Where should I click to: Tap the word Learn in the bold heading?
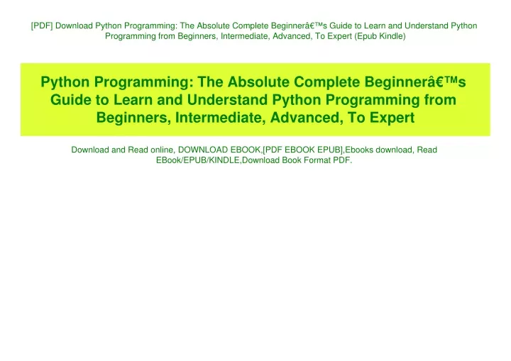(133, 100)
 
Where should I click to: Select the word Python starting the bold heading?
(65, 83)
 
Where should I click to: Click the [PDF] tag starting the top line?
(42, 26)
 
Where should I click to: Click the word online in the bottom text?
(162, 150)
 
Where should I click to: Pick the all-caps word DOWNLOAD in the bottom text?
(203, 150)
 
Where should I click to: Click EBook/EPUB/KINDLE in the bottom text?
(198, 160)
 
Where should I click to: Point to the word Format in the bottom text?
(317, 160)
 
